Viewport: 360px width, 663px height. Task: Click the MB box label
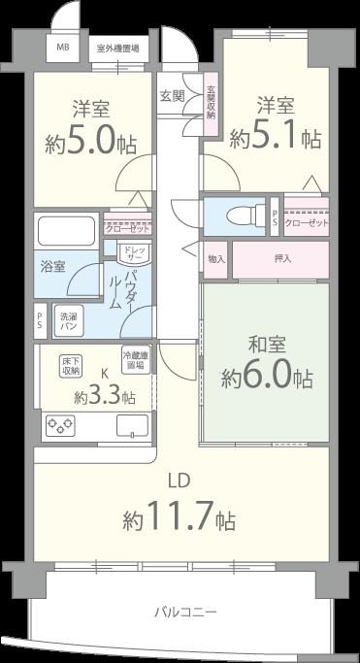[62, 47]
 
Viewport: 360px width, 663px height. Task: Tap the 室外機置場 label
[117, 47]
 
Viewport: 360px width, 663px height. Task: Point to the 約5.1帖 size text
[276, 138]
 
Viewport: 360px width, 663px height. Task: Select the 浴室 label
[52, 266]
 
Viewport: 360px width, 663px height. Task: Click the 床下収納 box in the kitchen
[71, 364]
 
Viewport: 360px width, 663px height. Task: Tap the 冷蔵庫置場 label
[135, 360]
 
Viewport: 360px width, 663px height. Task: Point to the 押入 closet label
[281, 259]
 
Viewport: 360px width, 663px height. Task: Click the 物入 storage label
[215, 259]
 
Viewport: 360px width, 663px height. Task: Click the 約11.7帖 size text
[179, 518]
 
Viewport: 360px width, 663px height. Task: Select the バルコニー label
[184, 612]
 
